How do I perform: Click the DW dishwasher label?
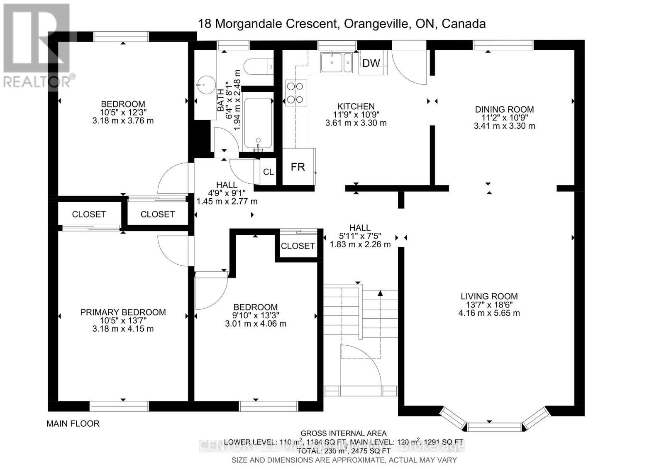coord(371,63)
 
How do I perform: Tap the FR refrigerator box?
coord(298,167)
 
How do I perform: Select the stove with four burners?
coord(295,93)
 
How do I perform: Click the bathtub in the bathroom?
coord(258,123)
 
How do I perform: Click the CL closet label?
coord(269,172)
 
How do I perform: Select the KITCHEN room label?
coord(356,106)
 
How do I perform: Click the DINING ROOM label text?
coord(504,109)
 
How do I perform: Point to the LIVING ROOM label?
coord(489,296)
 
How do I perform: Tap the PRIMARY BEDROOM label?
coord(123,312)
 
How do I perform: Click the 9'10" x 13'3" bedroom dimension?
coord(255,315)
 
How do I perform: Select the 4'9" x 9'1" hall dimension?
coord(227,193)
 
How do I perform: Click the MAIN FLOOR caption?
coord(73,423)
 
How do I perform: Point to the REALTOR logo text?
coord(38,81)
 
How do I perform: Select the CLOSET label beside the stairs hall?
coord(298,246)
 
